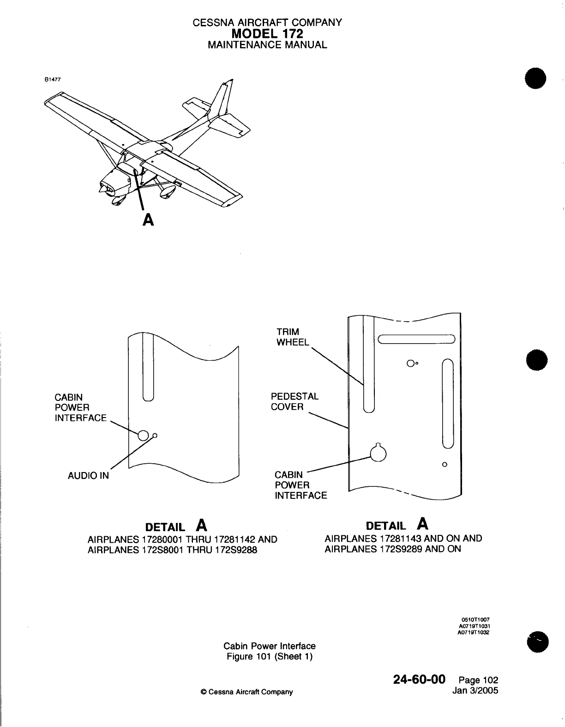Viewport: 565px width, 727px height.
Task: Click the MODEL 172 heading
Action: (x=267, y=34)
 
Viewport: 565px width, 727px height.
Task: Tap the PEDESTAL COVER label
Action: (x=294, y=401)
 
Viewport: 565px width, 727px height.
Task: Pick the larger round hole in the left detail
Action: (x=143, y=435)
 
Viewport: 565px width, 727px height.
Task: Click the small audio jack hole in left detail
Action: (x=155, y=435)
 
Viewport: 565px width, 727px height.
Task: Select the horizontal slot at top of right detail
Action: (x=416, y=339)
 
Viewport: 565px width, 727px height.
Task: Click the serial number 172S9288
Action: (x=231, y=550)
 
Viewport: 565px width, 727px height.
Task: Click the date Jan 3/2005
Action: (x=477, y=691)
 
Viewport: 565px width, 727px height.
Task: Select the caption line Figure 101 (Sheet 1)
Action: (x=270, y=656)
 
